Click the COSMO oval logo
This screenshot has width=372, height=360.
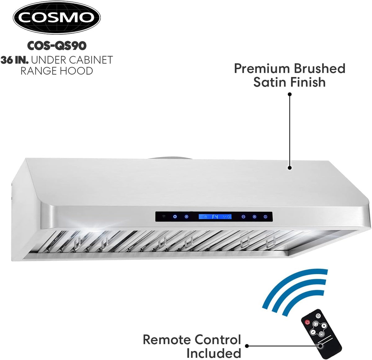coord(57,18)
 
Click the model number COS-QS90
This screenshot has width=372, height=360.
coord(57,46)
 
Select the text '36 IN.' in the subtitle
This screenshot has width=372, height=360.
coord(15,60)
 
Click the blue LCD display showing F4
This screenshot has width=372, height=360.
coord(215,217)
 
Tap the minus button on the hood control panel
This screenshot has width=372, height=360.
coord(243,217)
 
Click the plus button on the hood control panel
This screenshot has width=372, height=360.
coord(255,217)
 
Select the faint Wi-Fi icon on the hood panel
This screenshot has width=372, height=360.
coord(164,217)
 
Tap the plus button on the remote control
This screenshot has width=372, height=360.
coord(324,325)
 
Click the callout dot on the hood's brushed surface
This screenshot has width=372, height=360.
coord(290,168)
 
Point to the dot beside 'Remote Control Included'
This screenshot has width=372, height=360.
coord(247,346)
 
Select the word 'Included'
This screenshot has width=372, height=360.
coord(214,353)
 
